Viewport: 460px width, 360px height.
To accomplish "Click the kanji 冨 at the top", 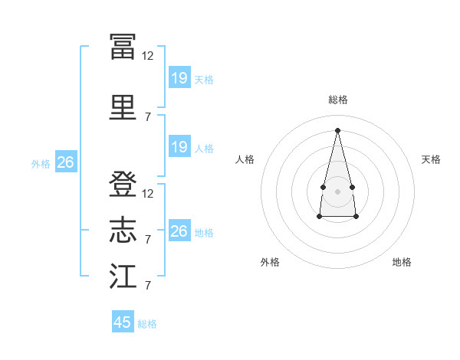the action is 123,46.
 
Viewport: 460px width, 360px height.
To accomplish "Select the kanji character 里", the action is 123,107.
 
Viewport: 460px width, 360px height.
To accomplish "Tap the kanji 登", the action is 123,184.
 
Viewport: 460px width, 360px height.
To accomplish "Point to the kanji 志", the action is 123,230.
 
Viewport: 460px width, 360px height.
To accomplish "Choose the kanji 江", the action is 123,276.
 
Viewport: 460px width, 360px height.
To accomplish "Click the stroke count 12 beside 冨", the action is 147,56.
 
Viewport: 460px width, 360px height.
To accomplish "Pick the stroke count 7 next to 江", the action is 148,285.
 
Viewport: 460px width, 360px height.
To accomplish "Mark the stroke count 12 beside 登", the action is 147,194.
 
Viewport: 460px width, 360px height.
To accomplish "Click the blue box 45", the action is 123,321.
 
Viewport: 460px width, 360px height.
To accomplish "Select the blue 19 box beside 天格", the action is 179,77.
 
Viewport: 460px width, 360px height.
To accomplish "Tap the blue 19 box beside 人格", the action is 179,146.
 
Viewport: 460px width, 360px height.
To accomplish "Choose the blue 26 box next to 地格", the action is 179,230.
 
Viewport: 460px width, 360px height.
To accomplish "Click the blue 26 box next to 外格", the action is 66,162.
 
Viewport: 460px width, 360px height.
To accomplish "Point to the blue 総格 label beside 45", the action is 147,324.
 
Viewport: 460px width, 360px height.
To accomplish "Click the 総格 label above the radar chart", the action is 338,100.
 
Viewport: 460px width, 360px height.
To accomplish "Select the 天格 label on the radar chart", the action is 431,159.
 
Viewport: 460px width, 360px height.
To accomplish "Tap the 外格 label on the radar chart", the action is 270,262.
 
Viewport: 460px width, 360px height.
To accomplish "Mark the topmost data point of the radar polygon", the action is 337,130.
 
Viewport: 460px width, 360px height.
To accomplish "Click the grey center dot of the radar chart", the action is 337,191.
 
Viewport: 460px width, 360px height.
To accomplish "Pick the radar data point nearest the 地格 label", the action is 356,217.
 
